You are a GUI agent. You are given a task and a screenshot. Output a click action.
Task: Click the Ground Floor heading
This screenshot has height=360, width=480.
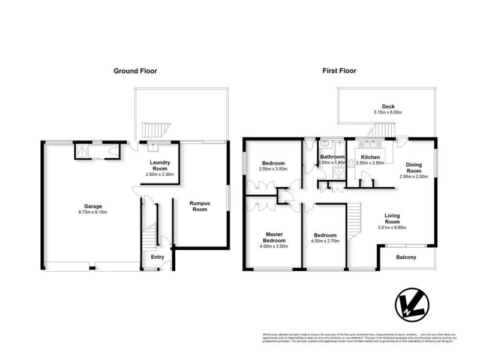tap(136, 71)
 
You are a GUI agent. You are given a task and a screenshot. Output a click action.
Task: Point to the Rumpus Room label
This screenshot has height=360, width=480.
tap(199, 206)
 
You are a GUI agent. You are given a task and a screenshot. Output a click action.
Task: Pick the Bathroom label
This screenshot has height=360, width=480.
tap(332, 157)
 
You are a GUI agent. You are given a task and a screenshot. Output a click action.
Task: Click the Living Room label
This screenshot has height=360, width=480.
tap(393, 218)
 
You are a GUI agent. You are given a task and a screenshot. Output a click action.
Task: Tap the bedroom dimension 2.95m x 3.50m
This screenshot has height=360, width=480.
tap(273, 169)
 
